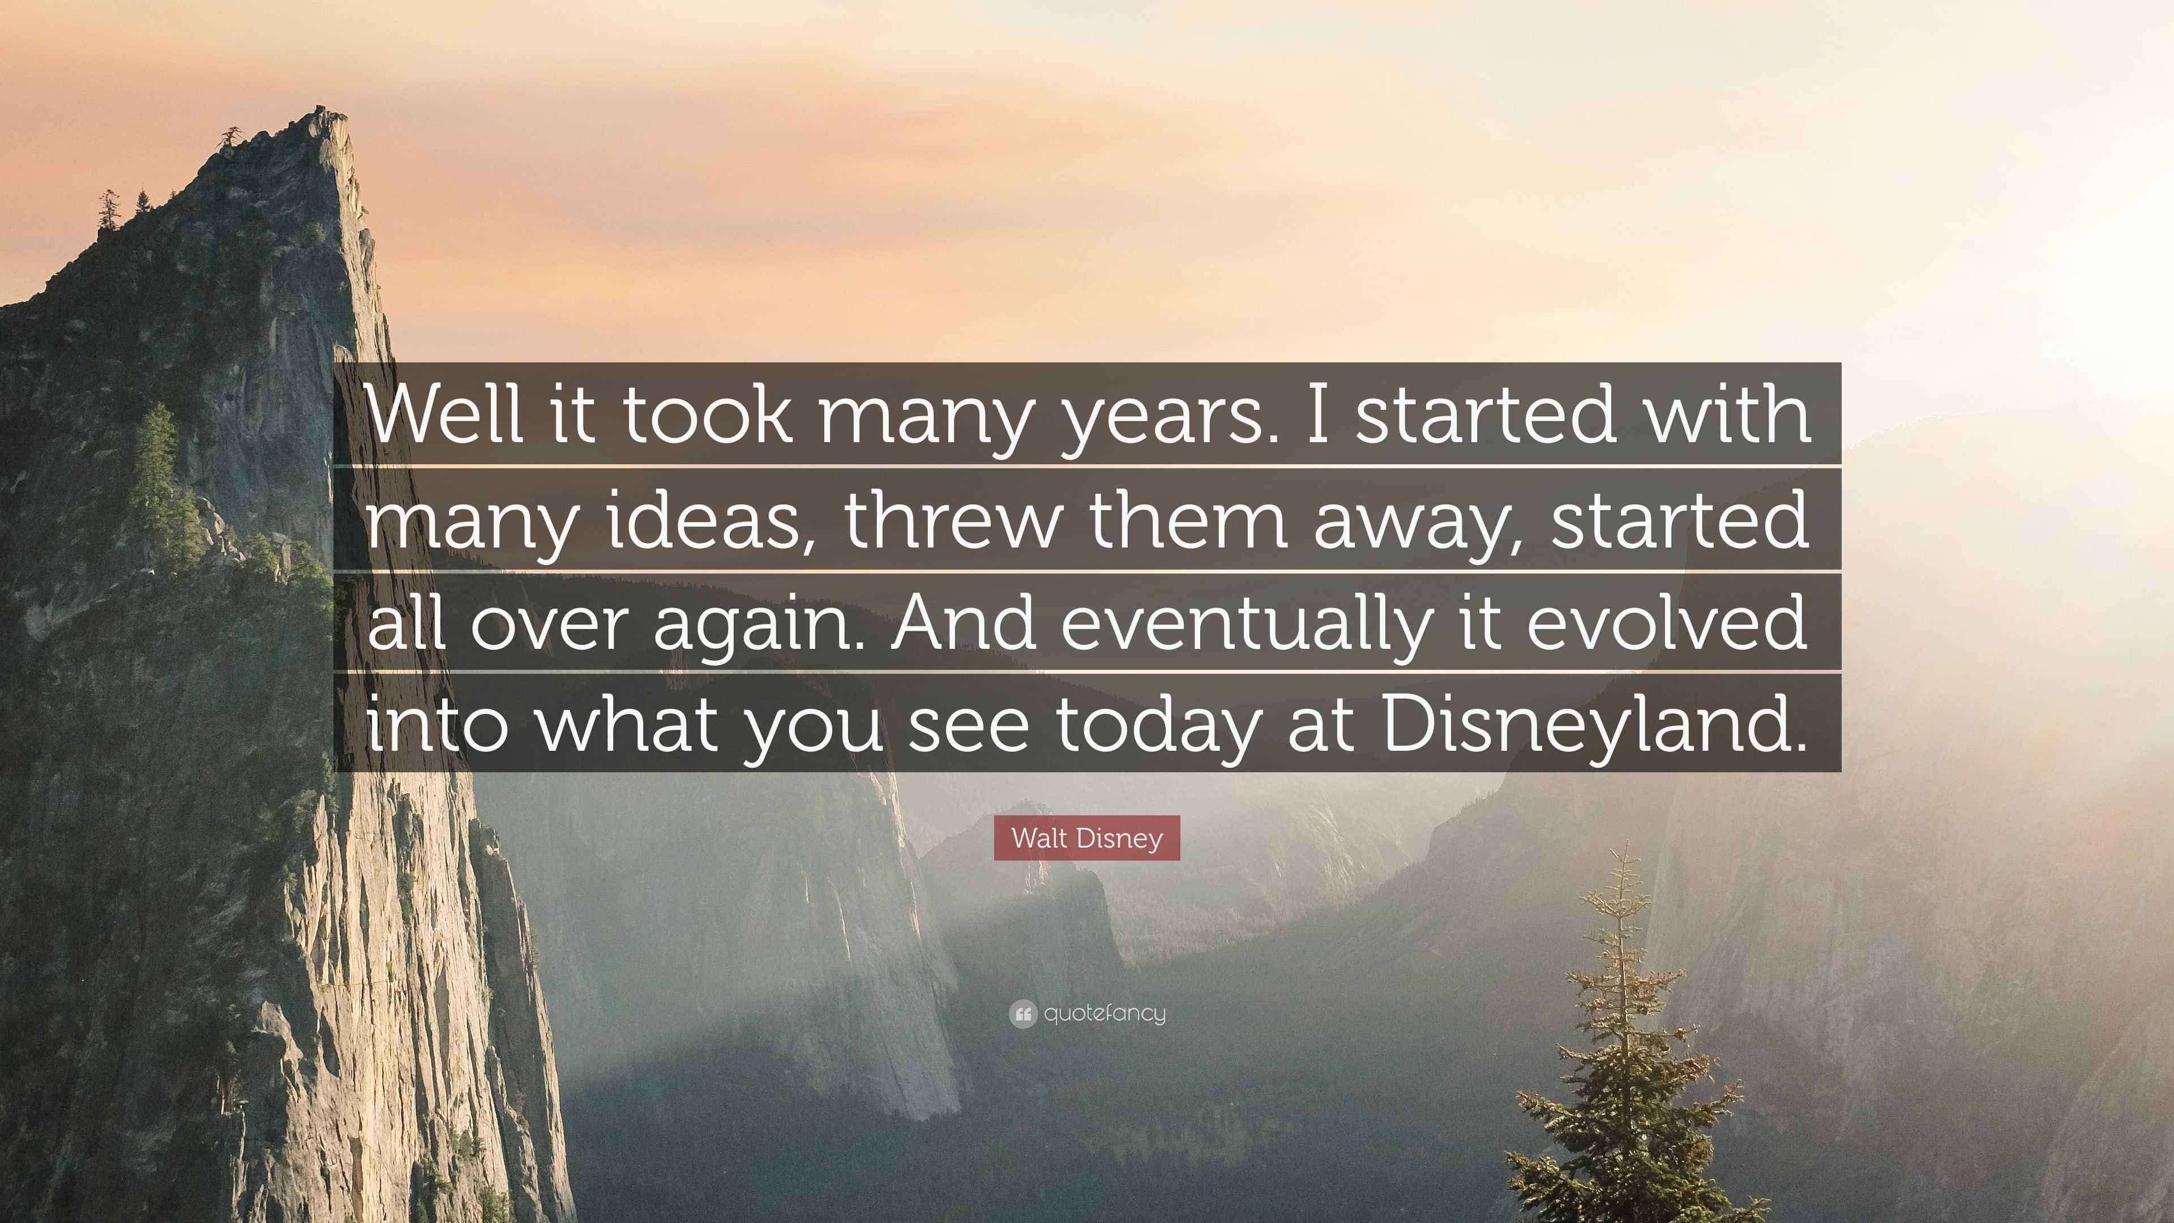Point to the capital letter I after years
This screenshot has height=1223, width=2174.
pyautogui.click(x=1316, y=413)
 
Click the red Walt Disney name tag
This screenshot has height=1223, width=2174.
pyautogui.click(x=1087, y=838)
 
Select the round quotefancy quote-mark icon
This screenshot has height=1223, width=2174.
pyautogui.click(x=1022, y=1014)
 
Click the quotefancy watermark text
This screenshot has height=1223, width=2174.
pyautogui.click(x=1105, y=1014)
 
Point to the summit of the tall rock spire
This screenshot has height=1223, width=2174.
pyautogui.click(x=320, y=110)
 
